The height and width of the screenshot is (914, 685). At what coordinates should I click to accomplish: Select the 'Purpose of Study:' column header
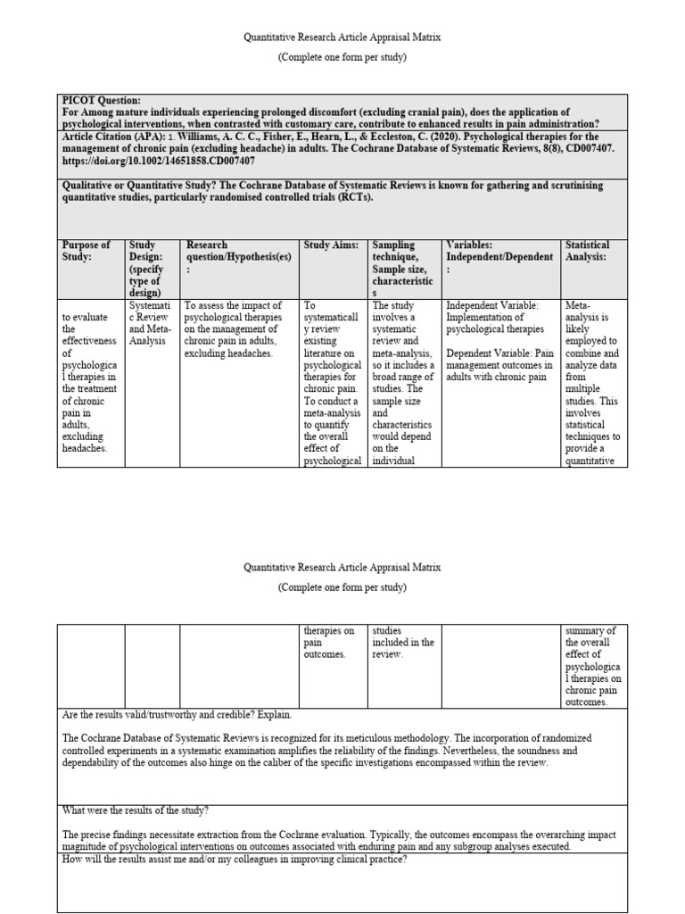tap(87, 251)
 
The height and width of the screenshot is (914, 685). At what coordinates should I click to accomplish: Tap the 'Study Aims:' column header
tap(331, 245)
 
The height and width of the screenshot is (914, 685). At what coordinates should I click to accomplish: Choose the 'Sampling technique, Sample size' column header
tap(402, 262)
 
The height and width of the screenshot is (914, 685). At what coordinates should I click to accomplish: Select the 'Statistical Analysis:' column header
tap(588, 251)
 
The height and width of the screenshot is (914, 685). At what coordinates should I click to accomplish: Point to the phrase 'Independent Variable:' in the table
tap(491, 304)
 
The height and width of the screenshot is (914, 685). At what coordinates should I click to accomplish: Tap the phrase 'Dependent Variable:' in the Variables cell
tap(489, 353)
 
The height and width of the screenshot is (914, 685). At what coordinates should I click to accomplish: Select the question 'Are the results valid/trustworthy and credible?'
tap(177, 715)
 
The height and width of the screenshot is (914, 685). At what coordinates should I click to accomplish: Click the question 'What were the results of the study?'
tap(136, 810)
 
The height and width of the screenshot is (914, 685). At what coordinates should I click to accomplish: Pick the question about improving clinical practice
tap(235, 859)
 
